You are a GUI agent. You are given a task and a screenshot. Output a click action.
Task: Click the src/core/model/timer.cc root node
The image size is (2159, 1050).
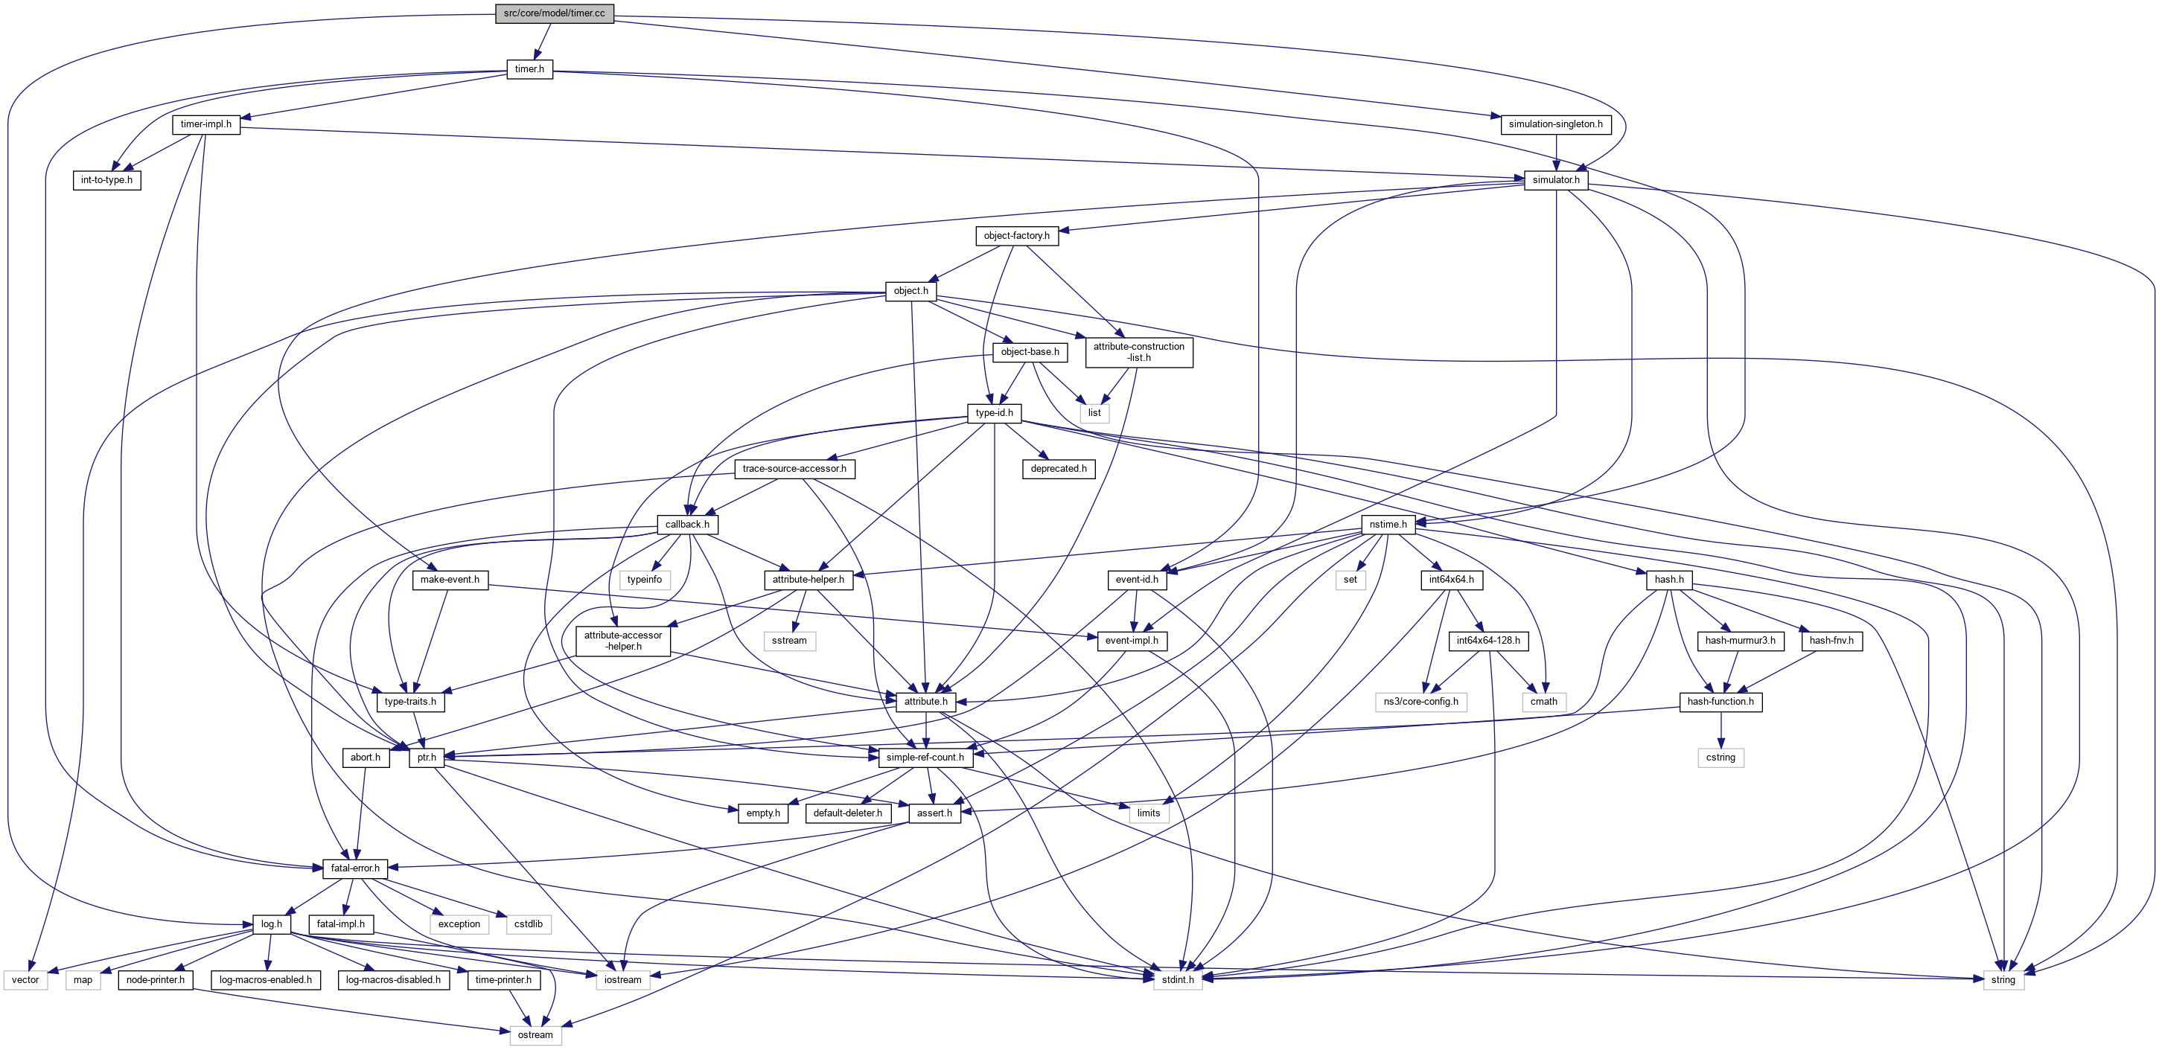pyautogui.click(x=554, y=13)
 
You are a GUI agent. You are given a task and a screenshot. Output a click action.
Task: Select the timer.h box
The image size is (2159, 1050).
pyautogui.click(x=529, y=68)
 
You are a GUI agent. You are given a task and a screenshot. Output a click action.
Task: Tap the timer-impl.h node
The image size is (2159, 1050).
pyautogui.click(x=205, y=124)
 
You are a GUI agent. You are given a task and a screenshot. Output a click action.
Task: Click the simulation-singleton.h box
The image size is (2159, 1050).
pyautogui.click(x=1554, y=124)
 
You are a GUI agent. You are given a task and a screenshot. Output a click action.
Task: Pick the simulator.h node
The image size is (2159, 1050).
pyautogui.click(x=1555, y=179)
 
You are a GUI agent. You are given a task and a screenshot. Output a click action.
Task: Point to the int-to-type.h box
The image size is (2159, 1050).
pyautogui.click(x=106, y=179)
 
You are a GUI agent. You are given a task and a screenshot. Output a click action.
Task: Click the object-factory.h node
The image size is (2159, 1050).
pyautogui.click(x=1015, y=235)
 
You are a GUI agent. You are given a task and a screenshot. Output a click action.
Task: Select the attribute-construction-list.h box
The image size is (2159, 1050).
pyautogui.click(x=1138, y=352)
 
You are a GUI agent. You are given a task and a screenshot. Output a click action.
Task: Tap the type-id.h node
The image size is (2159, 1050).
pyautogui.click(x=994, y=412)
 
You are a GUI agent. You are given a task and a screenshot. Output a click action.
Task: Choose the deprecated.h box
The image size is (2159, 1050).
pyautogui.click(x=1058, y=468)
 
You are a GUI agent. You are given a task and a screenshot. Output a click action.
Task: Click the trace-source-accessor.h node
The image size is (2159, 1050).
pyautogui.click(x=794, y=468)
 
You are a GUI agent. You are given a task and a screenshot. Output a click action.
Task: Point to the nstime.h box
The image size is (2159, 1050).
pyautogui.click(x=1388, y=524)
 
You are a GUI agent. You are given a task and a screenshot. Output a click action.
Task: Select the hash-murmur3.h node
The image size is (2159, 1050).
pyautogui.click(x=1740, y=640)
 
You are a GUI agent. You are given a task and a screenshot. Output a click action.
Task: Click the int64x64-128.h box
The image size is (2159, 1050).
pyautogui.click(x=1487, y=640)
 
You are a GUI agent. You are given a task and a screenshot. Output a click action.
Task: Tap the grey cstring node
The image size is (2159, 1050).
pyautogui.click(x=1720, y=757)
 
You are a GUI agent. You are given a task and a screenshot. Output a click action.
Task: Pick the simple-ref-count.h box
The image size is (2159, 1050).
pyautogui.click(x=925, y=757)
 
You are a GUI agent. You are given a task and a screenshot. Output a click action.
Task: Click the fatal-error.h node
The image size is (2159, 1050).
pyautogui.click(x=354, y=868)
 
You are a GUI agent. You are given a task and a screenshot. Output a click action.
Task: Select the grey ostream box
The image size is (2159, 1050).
pyautogui.click(x=535, y=1035)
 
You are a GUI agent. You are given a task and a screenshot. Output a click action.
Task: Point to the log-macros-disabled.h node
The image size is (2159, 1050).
pyautogui.click(x=393, y=979)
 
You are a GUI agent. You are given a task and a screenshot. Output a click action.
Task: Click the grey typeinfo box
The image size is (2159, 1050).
pyautogui.click(x=644, y=579)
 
